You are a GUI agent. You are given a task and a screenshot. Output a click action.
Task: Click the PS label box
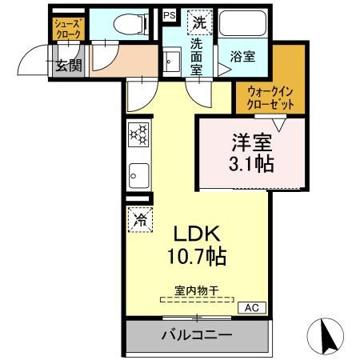tap(169, 15)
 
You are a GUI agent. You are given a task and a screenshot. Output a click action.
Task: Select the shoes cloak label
tap(66, 29)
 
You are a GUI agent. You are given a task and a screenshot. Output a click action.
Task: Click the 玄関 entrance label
tap(67, 66)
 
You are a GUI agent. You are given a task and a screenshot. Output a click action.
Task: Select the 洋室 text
tap(252, 145)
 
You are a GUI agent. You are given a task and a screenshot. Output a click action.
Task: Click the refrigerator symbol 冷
tap(138, 218)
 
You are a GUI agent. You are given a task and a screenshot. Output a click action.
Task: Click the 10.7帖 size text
tap(198, 257)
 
